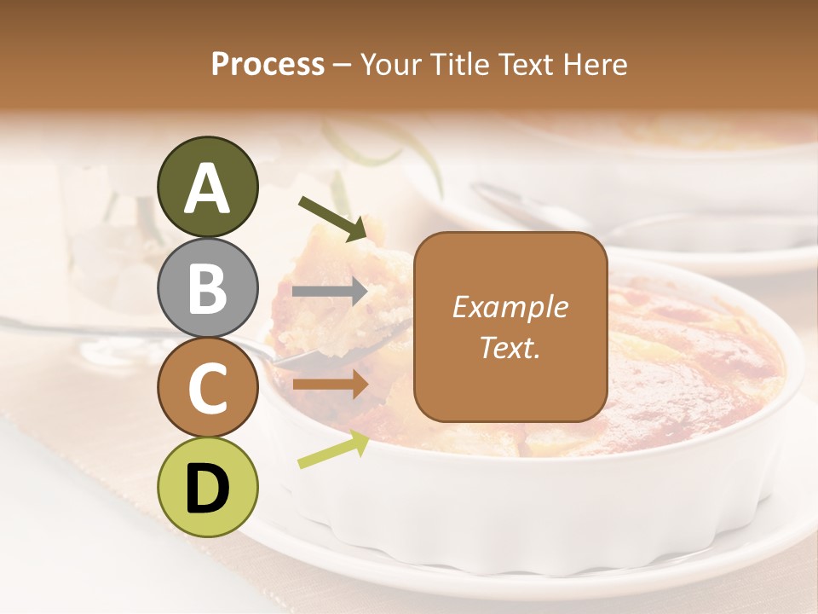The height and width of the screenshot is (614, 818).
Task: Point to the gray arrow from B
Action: pos(331,292)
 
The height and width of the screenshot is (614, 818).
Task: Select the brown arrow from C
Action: pos(331,385)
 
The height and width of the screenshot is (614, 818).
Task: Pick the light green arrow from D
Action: pos(333,449)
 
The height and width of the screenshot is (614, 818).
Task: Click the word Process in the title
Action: pos(268,65)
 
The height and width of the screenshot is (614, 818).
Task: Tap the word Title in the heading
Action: pos(460,65)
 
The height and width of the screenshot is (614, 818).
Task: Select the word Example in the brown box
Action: pos(510,307)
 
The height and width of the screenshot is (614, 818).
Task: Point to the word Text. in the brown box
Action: pos(510,347)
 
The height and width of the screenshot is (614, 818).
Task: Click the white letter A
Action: pos(207,188)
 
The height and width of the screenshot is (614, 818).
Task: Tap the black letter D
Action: pos(207,489)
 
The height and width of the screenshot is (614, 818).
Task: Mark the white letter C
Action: pos(207,389)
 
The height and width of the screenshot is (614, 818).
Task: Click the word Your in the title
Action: pos(393,65)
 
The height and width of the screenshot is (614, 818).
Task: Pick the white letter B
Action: pos(207,288)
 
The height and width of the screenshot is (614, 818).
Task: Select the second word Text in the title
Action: pos(528,65)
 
